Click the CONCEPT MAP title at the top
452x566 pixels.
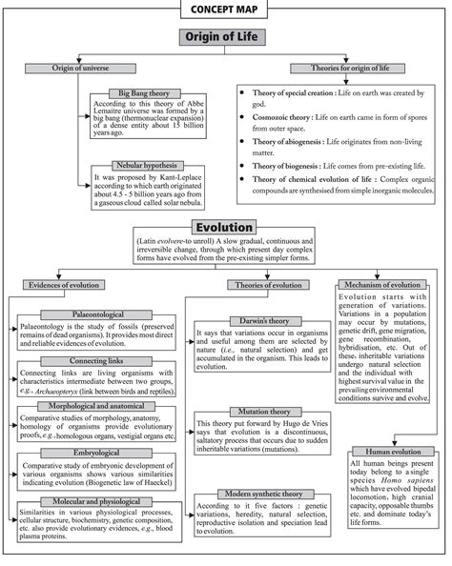(x=225, y=10)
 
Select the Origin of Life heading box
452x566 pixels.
(x=225, y=38)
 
